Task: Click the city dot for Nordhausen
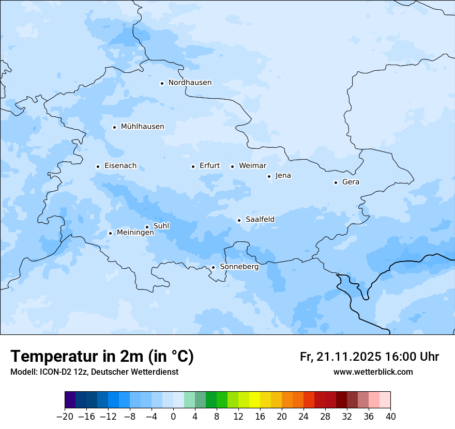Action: click(162, 83)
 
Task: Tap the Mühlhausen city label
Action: click(142, 127)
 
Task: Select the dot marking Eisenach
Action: click(98, 166)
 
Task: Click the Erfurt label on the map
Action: click(209, 166)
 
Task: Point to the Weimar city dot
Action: click(232, 166)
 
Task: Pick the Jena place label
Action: click(283, 176)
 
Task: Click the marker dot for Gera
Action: click(336, 182)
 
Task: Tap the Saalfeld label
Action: click(260, 220)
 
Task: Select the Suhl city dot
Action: click(147, 227)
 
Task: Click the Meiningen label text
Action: click(135, 233)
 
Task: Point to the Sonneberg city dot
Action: click(213, 267)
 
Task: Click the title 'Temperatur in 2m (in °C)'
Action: click(102, 356)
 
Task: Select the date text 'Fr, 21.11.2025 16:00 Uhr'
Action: click(369, 357)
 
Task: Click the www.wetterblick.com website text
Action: click(373, 372)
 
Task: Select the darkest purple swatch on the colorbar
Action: click(70, 400)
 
